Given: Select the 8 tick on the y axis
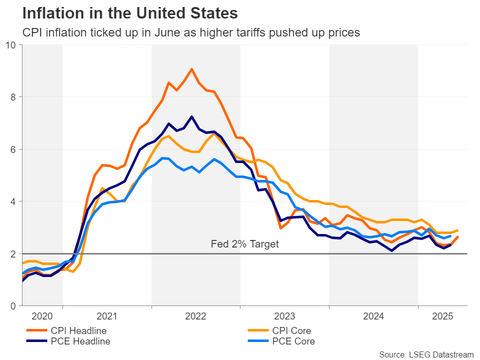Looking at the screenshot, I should (x=13, y=97).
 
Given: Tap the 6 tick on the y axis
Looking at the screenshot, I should (x=13, y=149).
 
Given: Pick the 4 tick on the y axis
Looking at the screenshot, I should (x=13, y=201).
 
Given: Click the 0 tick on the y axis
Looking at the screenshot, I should (x=13, y=306).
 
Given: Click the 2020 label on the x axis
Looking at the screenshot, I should (x=41, y=316).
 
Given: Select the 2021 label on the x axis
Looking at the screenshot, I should (x=107, y=316).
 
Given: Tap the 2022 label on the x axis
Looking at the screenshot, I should (x=195, y=316).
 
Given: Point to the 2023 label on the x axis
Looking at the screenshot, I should (x=284, y=316).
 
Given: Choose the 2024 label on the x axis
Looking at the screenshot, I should (x=373, y=316).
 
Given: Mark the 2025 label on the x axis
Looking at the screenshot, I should (x=442, y=316).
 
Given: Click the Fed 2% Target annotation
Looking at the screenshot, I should (x=244, y=244).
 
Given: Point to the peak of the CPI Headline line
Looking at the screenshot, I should (x=191, y=69).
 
